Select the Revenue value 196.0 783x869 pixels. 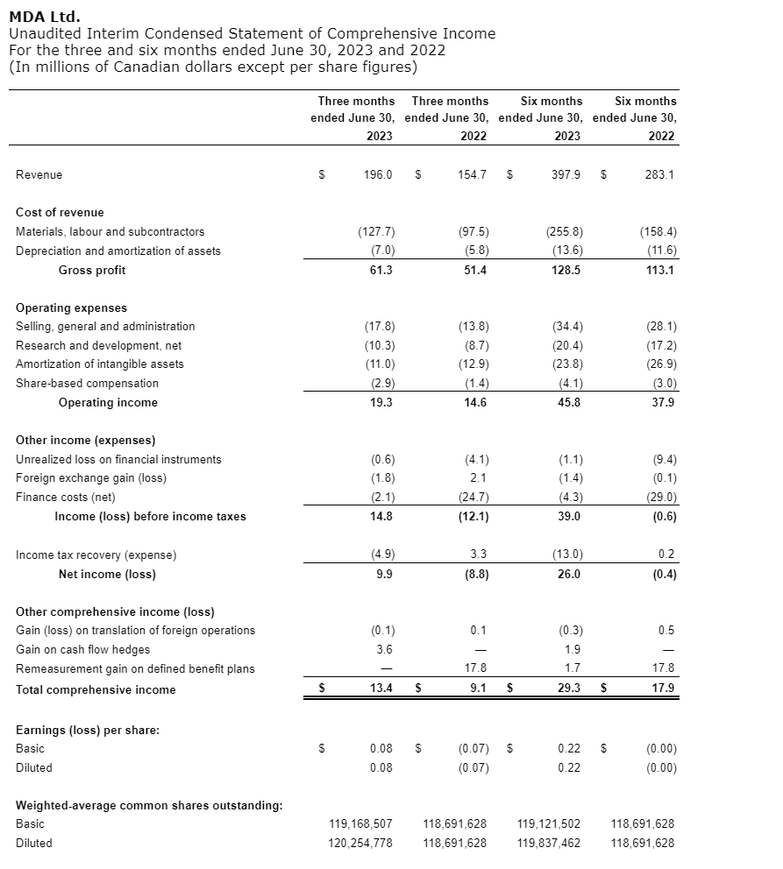(x=378, y=174)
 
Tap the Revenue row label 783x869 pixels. (x=39, y=174)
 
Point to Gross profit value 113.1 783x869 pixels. (x=659, y=270)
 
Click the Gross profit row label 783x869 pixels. (x=92, y=270)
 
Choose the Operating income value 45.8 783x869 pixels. (x=567, y=402)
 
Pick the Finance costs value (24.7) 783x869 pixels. (x=473, y=498)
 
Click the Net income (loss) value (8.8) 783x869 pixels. (x=473, y=574)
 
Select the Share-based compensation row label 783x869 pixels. (x=88, y=383)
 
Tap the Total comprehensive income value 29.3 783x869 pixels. (x=567, y=689)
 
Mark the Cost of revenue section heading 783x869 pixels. (x=60, y=212)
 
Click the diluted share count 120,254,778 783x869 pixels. (x=360, y=843)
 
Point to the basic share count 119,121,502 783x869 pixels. (x=549, y=823)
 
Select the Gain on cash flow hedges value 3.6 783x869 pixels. (x=384, y=649)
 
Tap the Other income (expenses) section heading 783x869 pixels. (x=86, y=440)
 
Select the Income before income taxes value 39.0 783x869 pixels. (x=567, y=516)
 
